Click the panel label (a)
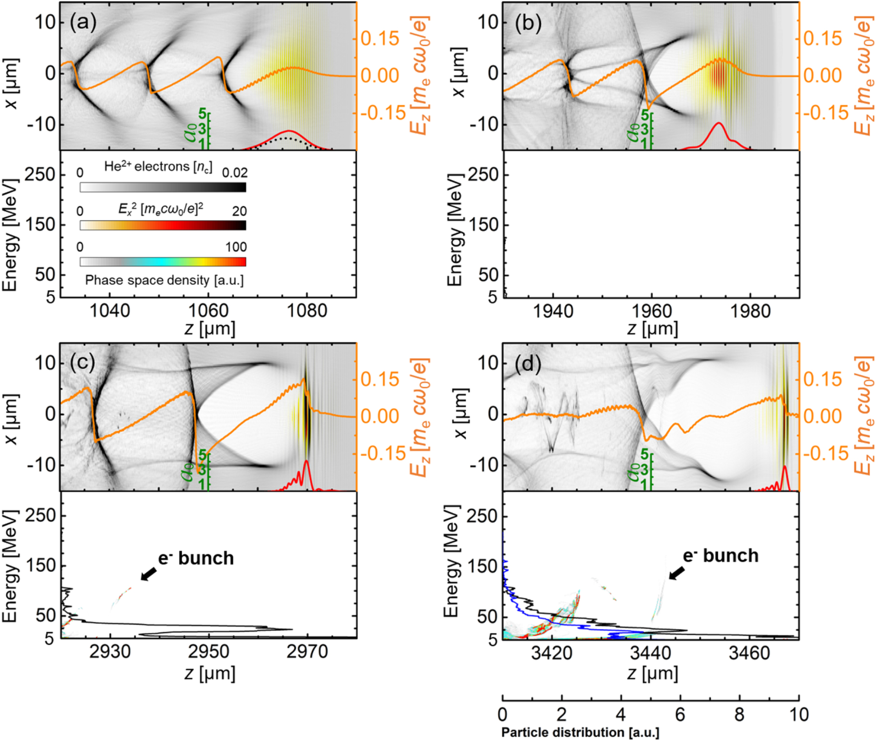(83, 23)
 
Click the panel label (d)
(528, 364)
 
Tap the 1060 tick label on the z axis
(208, 311)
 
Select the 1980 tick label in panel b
(750, 311)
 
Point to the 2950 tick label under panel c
(209, 652)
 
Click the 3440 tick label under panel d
(651, 653)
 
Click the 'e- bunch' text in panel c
(196, 558)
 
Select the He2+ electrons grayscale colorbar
(163, 187)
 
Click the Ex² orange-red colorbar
(163, 225)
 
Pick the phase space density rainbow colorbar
(163, 262)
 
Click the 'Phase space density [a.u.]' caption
(164, 280)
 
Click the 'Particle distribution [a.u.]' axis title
(580, 732)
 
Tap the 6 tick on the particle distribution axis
(680, 715)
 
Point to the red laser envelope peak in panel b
(719, 124)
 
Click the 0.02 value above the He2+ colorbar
(234, 173)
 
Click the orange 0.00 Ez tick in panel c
(380, 416)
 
